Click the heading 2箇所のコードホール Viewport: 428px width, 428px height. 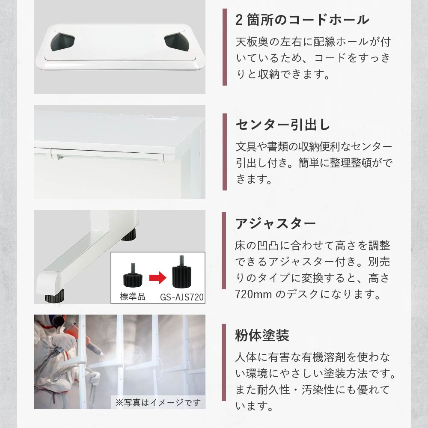coord(302,20)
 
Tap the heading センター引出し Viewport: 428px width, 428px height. coord(283,125)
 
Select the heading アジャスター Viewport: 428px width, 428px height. coord(276,224)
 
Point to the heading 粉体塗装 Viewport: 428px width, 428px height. coord(262,335)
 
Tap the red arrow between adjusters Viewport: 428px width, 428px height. coord(158,278)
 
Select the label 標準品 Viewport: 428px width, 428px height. coord(133,297)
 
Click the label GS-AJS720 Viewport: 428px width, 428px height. coord(182,297)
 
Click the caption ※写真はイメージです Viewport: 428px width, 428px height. coord(158,402)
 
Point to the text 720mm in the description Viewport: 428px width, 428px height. coord(253,294)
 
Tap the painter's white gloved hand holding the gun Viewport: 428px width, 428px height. coord(63,342)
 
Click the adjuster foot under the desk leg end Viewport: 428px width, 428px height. coord(54,296)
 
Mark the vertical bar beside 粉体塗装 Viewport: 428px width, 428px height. coord(224,362)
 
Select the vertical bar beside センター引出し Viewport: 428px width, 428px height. coord(225,152)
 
